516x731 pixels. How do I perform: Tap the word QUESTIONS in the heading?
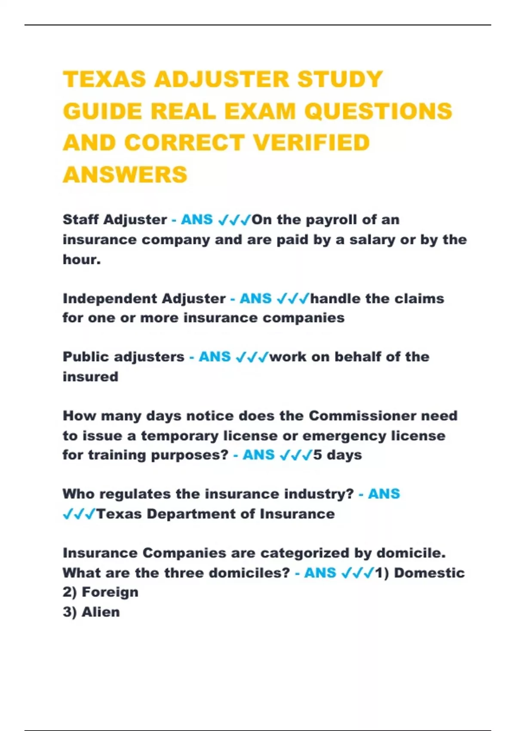tap(378, 111)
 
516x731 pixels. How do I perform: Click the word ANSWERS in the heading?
tap(125, 175)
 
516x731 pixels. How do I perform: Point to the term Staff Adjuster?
tap(115, 220)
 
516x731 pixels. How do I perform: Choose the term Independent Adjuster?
tap(144, 298)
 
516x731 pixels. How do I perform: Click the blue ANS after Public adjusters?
tap(215, 357)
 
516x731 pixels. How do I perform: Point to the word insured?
tap(90, 377)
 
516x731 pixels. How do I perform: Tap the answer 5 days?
tap(338, 455)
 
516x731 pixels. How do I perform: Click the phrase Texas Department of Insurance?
tap(215, 514)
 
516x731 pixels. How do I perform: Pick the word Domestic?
tap(429, 573)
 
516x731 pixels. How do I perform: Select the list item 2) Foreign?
tap(101, 592)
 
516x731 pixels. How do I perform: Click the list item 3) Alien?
tap(91, 612)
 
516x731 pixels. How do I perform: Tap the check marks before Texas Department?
tap(79, 514)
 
